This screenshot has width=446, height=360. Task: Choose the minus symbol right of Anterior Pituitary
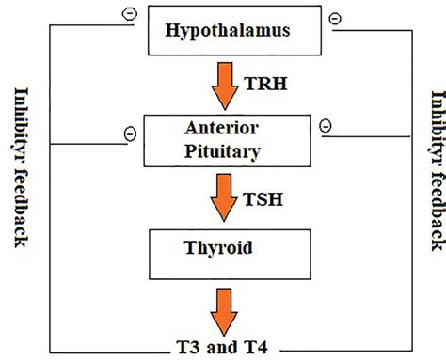323,125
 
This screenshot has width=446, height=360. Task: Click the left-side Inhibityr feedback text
22,169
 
